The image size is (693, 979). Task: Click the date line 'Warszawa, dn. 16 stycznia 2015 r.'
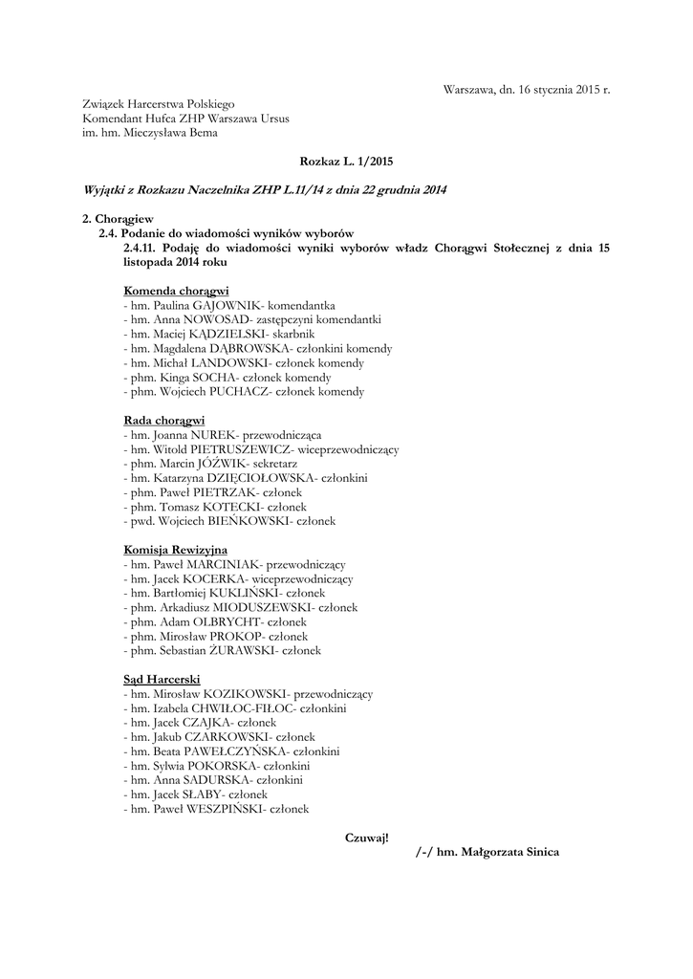pyautogui.click(x=526, y=89)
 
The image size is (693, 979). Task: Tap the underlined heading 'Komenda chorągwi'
pyautogui.click(x=176, y=290)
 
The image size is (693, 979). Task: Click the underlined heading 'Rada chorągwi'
pyautogui.click(x=164, y=420)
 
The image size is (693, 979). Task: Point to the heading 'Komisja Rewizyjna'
pyautogui.click(x=175, y=550)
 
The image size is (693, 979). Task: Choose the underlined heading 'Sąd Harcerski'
pyautogui.click(x=161, y=679)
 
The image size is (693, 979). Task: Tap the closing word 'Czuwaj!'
pyautogui.click(x=367, y=838)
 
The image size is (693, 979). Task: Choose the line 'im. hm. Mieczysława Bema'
pyautogui.click(x=150, y=133)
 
